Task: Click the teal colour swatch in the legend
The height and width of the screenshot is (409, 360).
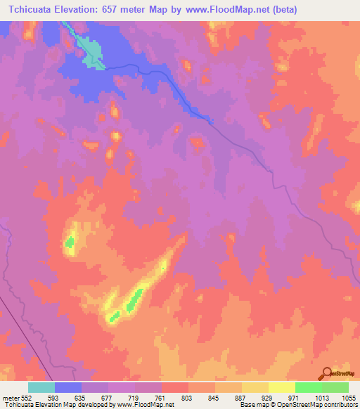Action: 41,387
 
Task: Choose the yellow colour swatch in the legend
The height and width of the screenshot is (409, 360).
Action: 282,387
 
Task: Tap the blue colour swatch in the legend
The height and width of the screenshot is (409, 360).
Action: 68,387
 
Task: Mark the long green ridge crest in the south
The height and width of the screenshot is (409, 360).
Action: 134,300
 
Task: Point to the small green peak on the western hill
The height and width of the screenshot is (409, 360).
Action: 70,244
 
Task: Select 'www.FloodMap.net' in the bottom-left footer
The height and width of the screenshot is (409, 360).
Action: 147,405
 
